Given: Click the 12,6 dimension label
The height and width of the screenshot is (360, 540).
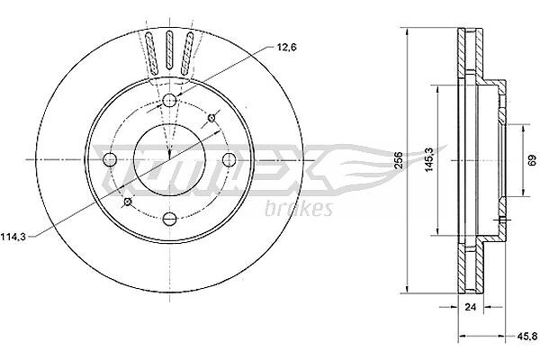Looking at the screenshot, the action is (286, 48).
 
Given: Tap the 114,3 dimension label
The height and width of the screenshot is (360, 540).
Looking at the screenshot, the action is (13, 237).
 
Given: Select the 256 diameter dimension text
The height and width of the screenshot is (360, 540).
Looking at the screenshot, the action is (399, 160).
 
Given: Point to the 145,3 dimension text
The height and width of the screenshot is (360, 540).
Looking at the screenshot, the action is (428, 159).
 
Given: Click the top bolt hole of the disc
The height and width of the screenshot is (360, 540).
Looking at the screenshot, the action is (169, 100).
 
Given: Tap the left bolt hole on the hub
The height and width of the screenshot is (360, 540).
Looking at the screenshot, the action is (110, 159).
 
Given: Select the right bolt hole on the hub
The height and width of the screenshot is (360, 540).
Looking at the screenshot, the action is (229, 159).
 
